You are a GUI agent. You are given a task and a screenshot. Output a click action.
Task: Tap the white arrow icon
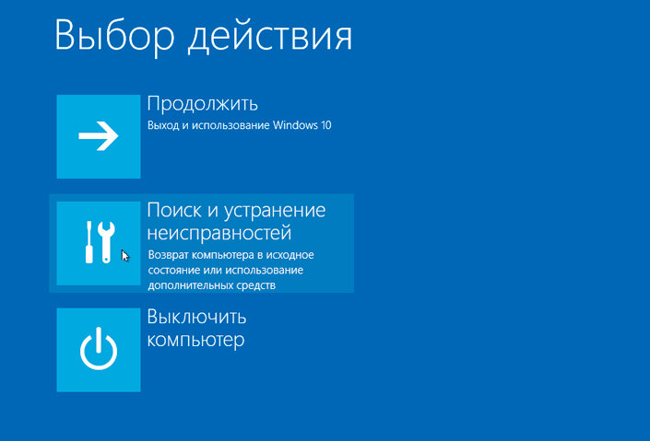click(98, 137)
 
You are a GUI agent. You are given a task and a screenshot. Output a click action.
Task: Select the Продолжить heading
click(202, 102)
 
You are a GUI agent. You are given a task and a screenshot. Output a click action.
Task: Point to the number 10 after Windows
click(325, 125)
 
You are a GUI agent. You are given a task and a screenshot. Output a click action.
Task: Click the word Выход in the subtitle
click(162, 125)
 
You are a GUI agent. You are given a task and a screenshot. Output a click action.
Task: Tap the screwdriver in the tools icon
click(90, 242)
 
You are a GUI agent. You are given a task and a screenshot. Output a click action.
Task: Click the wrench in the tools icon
click(106, 240)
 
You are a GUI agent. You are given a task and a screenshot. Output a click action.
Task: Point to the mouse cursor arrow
click(124, 255)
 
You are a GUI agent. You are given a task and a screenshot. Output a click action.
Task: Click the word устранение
click(275, 211)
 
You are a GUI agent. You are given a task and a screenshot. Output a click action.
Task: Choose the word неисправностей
click(219, 233)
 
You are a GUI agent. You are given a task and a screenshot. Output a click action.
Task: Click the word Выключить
click(196, 318)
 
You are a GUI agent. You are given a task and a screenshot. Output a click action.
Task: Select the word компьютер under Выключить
click(195, 341)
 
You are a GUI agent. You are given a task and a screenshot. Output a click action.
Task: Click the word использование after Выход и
click(231, 125)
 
